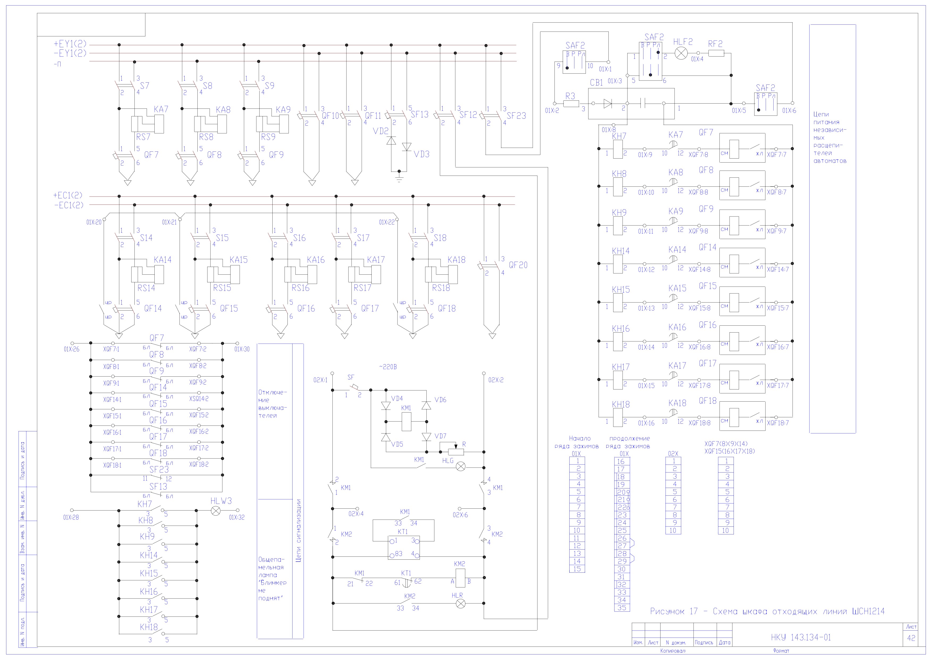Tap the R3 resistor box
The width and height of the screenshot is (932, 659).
[x=571, y=104]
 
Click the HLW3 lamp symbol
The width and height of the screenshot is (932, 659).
[x=216, y=511]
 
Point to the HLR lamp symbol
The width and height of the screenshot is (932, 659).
[x=460, y=604]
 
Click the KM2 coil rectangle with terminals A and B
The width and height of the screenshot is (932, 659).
[x=460, y=578]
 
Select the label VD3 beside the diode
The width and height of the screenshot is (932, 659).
[x=421, y=154]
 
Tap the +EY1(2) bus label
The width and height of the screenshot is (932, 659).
[x=70, y=44]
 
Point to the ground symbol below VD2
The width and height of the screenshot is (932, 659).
[x=399, y=177]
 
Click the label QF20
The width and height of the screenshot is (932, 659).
[x=518, y=265]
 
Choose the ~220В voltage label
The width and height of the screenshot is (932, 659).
[x=388, y=367]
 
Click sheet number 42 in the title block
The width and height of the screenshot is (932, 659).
[x=911, y=638]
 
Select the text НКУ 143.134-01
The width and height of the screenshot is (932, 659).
[x=801, y=637]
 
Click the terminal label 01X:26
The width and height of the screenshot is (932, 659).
[x=71, y=349]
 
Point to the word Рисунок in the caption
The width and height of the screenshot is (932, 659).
[x=668, y=611]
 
